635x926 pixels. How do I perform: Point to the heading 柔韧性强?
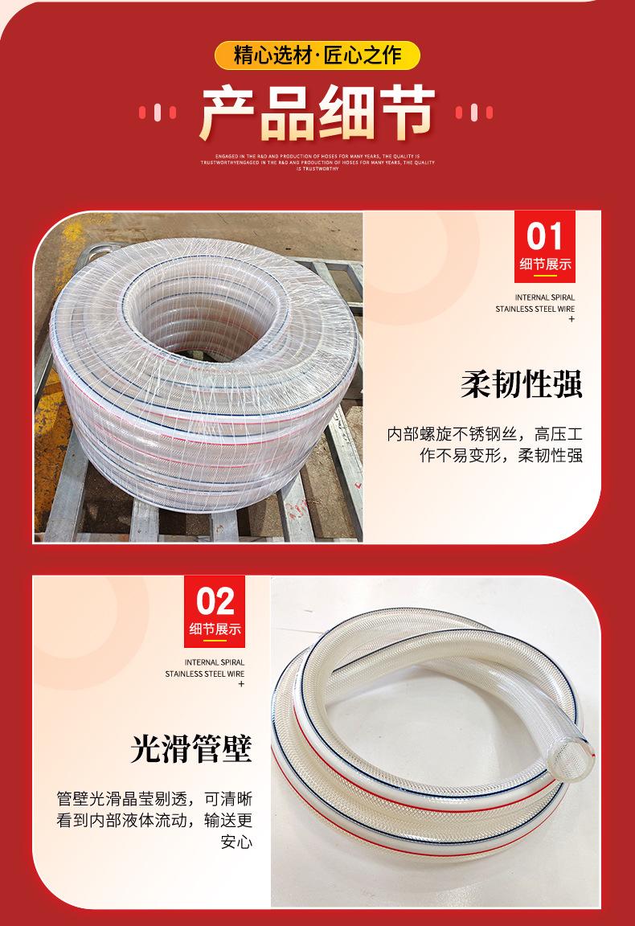click(522, 384)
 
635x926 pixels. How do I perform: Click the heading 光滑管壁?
click(191, 748)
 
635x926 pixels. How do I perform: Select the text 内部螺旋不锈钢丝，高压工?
click(485, 435)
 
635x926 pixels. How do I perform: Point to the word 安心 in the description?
click(236, 842)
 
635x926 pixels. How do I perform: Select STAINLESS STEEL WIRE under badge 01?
click(535, 308)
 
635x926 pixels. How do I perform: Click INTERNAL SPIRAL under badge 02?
click(214, 662)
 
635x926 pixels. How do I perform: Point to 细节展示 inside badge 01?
click(546, 264)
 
